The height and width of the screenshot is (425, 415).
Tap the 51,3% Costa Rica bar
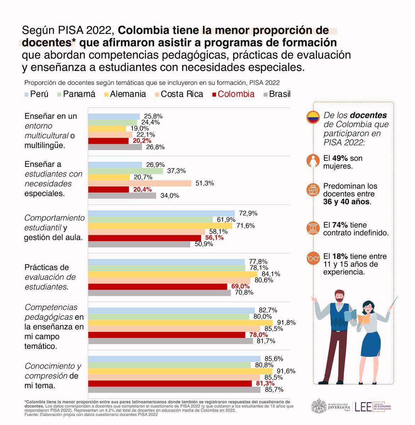click(x=140, y=183)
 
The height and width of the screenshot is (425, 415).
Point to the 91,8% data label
click(x=286, y=323)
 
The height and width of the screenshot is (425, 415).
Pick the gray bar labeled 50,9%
click(x=139, y=244)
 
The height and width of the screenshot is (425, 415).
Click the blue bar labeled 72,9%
click(x=161, y=213)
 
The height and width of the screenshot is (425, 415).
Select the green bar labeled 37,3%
click(x=125, y=171)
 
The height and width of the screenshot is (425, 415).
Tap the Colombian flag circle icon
click(x=313, y=118)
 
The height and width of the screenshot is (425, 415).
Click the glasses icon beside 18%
click(x=313, y=258)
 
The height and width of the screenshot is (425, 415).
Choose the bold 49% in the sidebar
click(x=340, y=158)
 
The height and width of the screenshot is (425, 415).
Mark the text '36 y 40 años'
click(x=346, y=202)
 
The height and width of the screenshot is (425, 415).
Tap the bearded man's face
click(x=339, y=297)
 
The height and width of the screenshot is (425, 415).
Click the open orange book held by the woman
click(x=363, y=318)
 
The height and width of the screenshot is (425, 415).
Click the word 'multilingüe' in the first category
click(x=45, y=146)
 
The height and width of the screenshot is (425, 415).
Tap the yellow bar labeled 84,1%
click(x=172, y=274)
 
